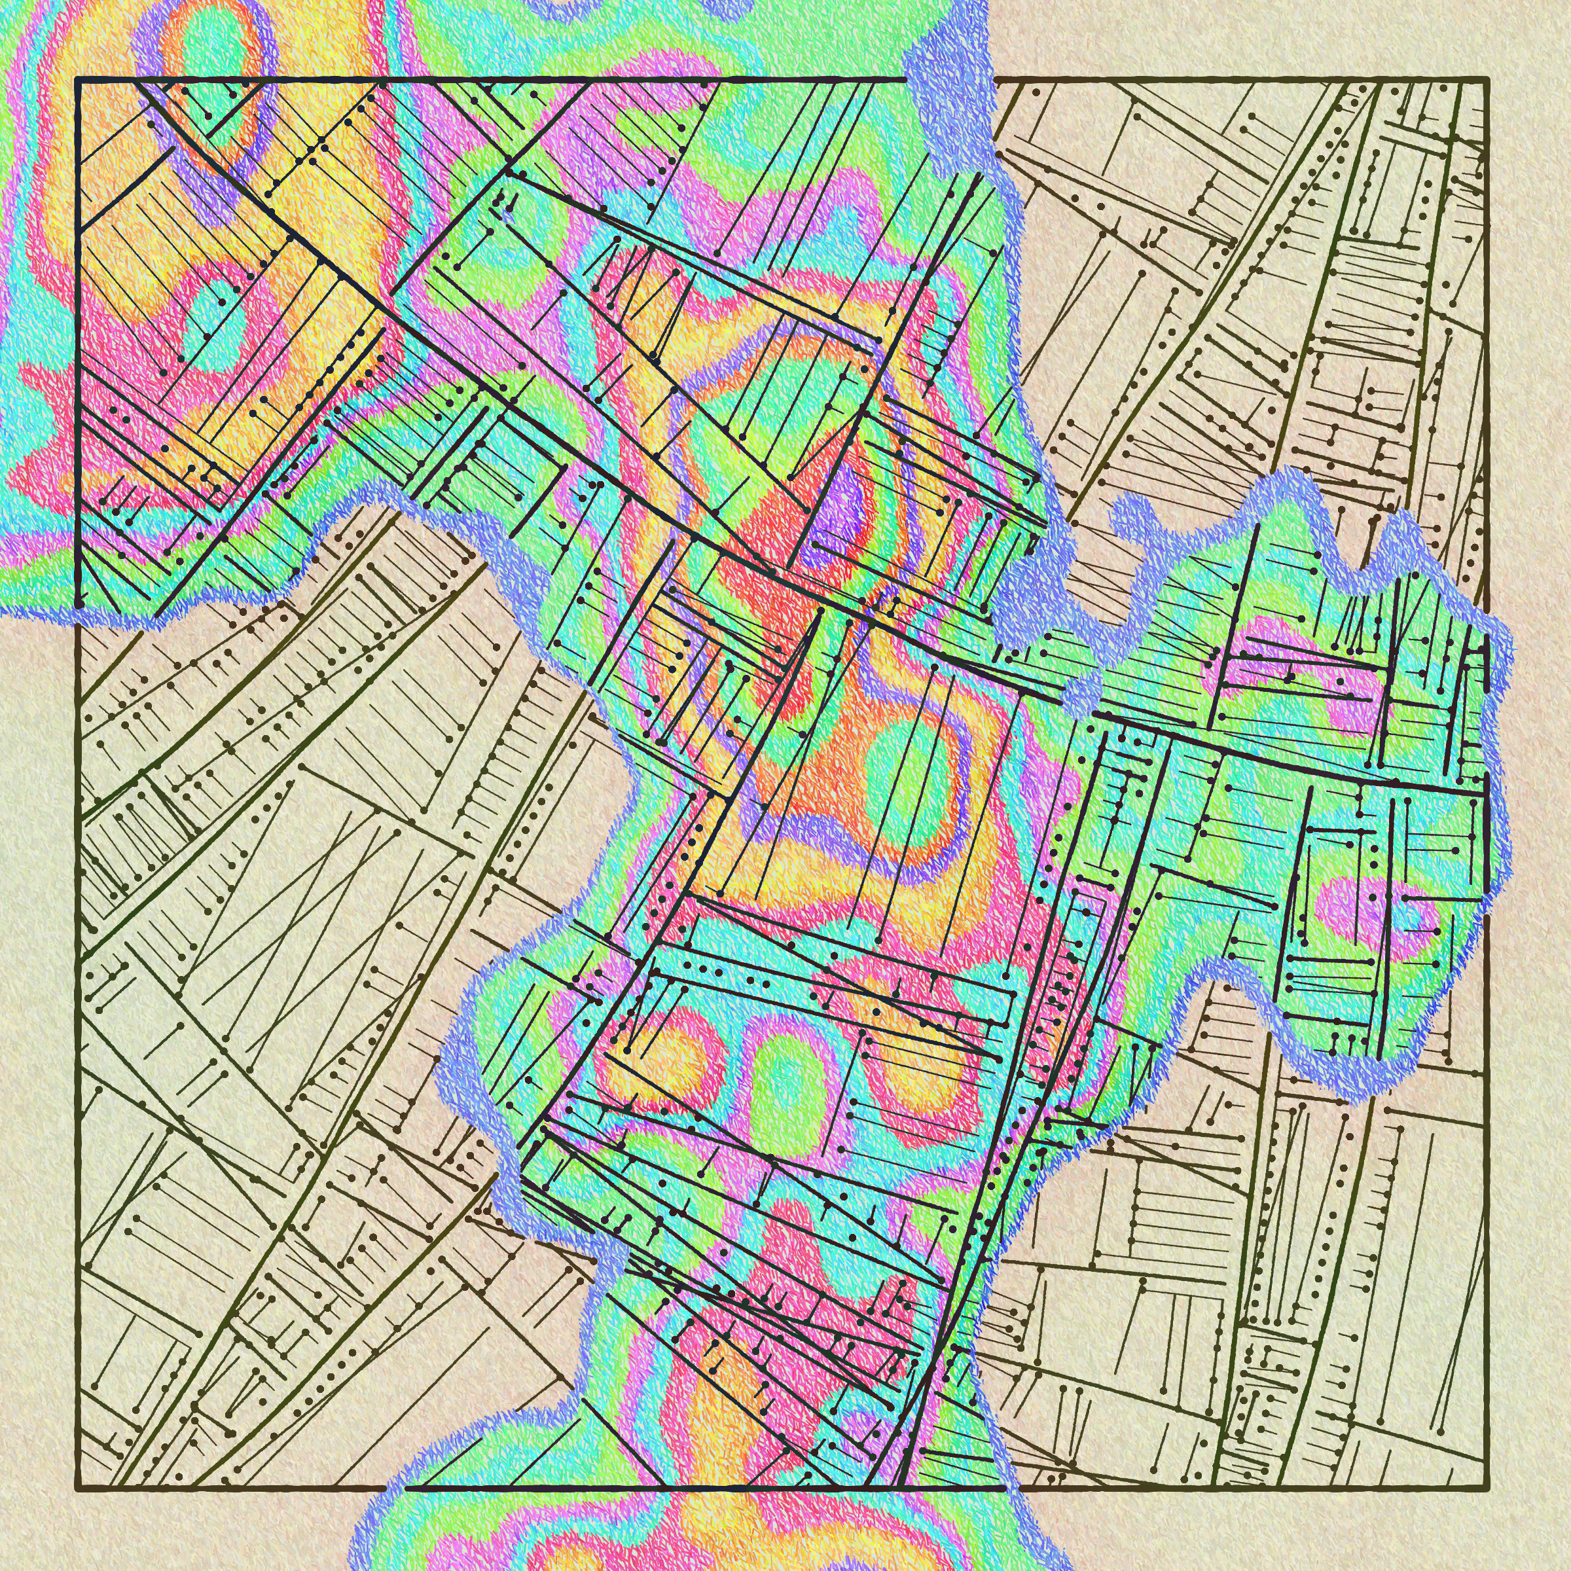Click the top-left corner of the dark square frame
(78, 80)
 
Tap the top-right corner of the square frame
(1487, 80)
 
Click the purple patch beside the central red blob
(846, 504)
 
